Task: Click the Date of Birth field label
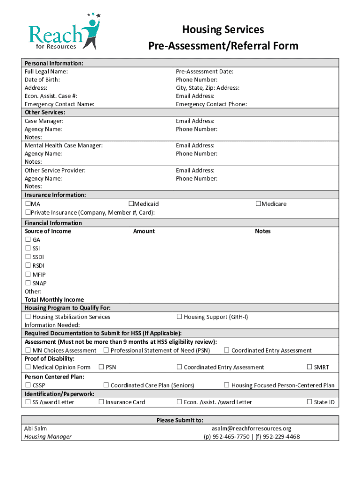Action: [42, 80]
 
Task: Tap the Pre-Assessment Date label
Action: [204, 72]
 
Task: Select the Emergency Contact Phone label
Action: [211, 104]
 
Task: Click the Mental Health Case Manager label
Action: [64, 145]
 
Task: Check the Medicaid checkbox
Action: [131, 204]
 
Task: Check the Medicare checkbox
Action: [258, 204]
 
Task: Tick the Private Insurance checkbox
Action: [28, 212]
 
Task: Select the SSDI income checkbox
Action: [28, 257]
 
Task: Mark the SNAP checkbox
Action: [28, 283]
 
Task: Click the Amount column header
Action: [144, 231]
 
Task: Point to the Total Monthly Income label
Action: [54, 299]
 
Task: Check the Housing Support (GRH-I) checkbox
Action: [179, 317]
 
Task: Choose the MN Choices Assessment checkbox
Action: [28, 350]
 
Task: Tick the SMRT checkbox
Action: [309, 367]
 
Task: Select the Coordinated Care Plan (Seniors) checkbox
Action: [106, 385]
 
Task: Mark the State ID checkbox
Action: [309, 402]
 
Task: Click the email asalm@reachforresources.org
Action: [251, 428]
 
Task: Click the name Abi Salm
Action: [36, 428]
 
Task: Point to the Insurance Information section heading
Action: [55, 195]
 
